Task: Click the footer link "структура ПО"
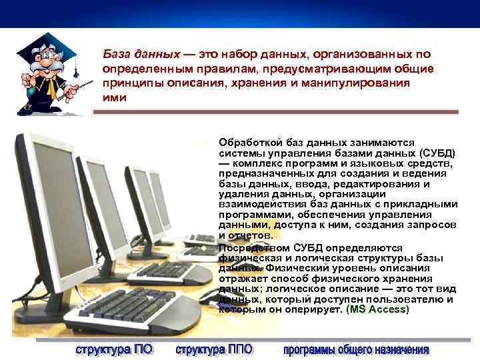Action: click(x=113, y=349)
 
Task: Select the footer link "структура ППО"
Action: click(x=215, y=349)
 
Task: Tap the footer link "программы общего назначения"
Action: click(x=356, y=349)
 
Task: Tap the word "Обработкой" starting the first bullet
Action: click(x=247, y=143)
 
